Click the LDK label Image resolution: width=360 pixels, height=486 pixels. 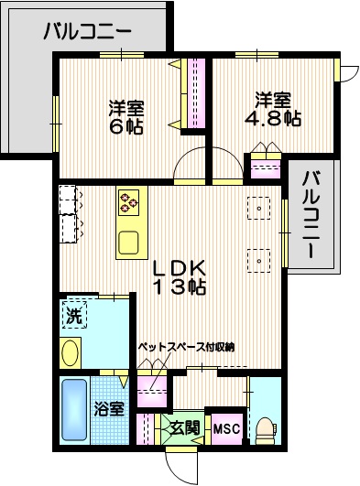180,268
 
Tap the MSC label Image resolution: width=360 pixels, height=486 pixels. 225,427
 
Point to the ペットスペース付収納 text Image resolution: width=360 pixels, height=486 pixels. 187,347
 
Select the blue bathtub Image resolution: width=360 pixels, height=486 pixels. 74,411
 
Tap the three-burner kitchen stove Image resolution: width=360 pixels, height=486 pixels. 127,201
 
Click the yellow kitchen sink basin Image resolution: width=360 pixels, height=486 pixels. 127,243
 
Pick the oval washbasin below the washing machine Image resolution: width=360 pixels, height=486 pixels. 70,352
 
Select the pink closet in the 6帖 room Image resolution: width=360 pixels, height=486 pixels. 195,92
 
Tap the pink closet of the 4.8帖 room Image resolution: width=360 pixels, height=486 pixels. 266,169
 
